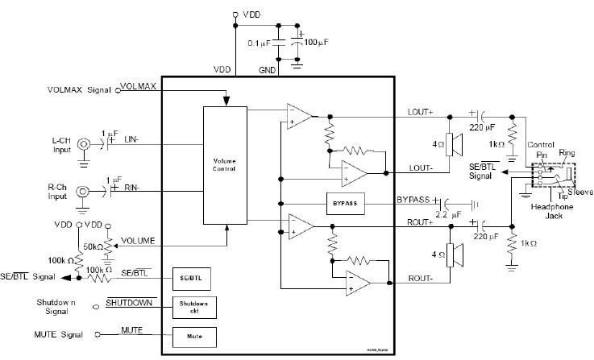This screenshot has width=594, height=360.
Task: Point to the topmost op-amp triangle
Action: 299,117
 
